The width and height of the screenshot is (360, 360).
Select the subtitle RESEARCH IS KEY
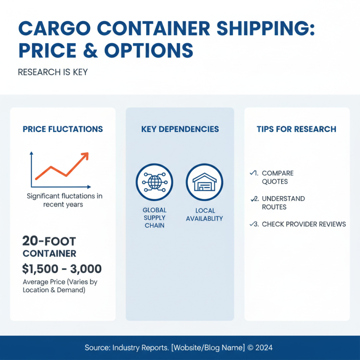53,72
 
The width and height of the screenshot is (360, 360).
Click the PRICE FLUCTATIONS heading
63,129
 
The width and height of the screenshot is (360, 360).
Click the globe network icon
154,182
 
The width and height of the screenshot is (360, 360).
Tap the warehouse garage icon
204,182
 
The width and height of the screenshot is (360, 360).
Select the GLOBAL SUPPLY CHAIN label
154,218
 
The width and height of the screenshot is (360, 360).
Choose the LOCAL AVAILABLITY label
205,214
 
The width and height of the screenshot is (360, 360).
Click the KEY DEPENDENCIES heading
180,129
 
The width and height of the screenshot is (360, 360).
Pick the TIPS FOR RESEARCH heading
296,129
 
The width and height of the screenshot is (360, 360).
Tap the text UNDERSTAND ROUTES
283,203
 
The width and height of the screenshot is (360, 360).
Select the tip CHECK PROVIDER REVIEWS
303,224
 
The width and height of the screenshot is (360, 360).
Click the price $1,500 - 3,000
62,269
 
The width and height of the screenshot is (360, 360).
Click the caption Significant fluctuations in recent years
64,200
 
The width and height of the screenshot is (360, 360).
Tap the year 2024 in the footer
265,348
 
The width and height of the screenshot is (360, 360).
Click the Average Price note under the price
60,286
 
